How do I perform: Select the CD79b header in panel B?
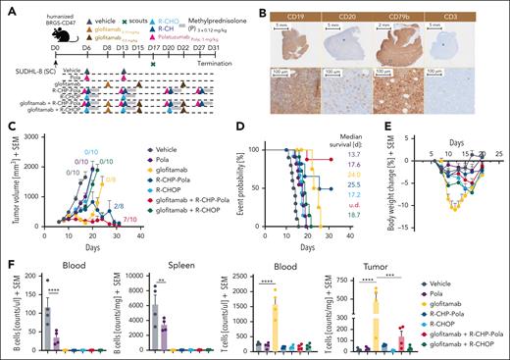tap(407, 17)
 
